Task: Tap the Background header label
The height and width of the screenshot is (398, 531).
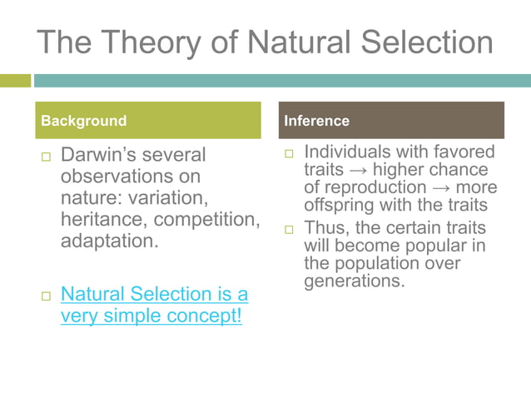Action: [84, 121]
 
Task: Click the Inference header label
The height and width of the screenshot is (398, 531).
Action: [316, 121]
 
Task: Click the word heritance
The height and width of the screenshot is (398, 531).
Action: [100, 221]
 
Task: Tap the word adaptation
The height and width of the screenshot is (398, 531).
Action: [109, 242]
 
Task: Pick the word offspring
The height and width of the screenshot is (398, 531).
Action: [338, 205]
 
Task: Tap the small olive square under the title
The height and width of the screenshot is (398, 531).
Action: [14, 81]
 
